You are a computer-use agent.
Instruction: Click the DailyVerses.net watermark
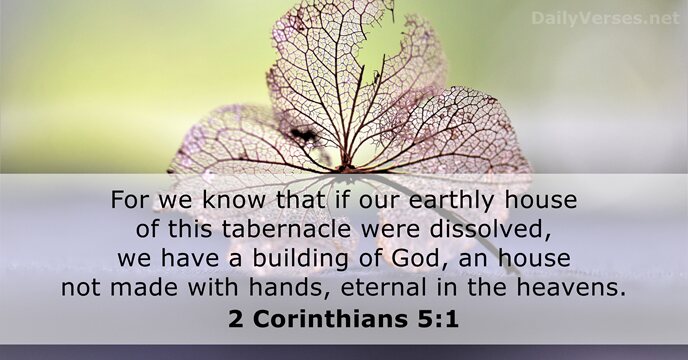pos(605,18)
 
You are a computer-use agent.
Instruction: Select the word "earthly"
pos(456,200)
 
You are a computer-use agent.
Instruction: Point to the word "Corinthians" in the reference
pos(335,323)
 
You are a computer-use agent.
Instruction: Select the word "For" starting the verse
pos(128,200)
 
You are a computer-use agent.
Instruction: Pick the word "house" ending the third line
pos(540,260)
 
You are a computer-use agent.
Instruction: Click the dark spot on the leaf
pos(300,133)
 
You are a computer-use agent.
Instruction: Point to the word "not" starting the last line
pos(79,290)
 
